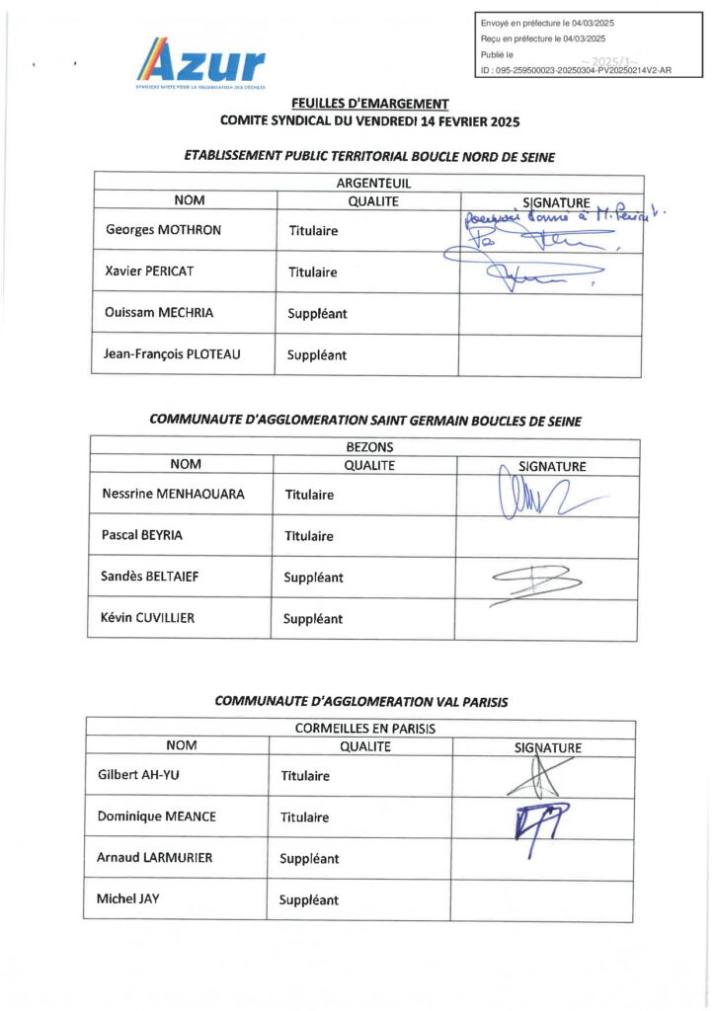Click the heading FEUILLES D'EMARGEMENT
tap(369, 104)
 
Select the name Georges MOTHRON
tap(163, 230)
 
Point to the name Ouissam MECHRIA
tap(159, 313)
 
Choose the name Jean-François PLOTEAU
tap(173, 354)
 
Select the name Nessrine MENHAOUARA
tap(173, 494)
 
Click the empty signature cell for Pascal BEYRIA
tap(546, 536)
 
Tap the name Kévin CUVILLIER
tap(147, 618)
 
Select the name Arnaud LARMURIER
tap(155, 858)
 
